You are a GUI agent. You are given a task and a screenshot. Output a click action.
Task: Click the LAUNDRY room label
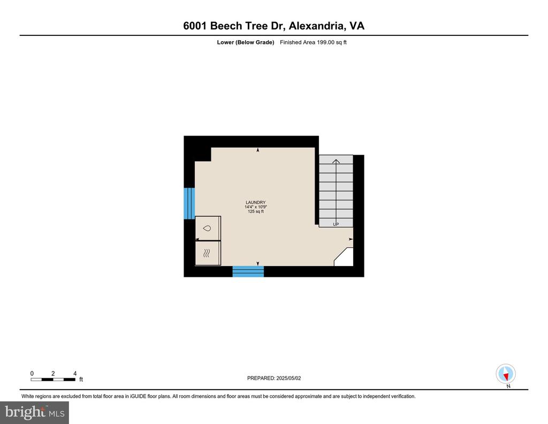tap(255, 202)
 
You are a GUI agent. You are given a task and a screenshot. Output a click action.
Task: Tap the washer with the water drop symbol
tap(208, 228)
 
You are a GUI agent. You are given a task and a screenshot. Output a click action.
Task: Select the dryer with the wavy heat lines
tap(208, 253)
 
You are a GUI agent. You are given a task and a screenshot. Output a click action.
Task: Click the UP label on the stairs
tap(336, 224)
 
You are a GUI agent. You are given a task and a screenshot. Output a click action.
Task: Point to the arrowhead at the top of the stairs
tap(336, 161)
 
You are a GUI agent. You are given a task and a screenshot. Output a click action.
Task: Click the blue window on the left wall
tap(189, 203)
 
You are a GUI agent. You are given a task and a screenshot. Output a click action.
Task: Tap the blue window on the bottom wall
tap(248, 271)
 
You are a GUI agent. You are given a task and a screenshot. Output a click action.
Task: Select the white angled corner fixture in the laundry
tap(344, 257)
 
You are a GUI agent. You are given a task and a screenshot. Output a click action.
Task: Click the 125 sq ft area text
tap(255, 211)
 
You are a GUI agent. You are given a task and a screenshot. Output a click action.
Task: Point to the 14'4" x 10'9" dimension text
tap(255, 207)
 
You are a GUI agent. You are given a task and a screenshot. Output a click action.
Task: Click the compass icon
tap(506, 374)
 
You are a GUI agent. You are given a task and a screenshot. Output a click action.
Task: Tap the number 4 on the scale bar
tap(75, 373)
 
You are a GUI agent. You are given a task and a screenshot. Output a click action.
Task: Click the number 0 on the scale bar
tap(32, 373)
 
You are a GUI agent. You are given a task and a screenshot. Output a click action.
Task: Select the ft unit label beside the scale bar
tap(81, 379)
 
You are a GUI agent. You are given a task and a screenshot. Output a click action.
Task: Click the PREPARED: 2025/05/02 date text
tap(274, 378)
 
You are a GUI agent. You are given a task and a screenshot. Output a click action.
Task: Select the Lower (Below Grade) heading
tap(245, 42)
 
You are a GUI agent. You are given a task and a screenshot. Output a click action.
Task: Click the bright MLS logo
tap(34, 412)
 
